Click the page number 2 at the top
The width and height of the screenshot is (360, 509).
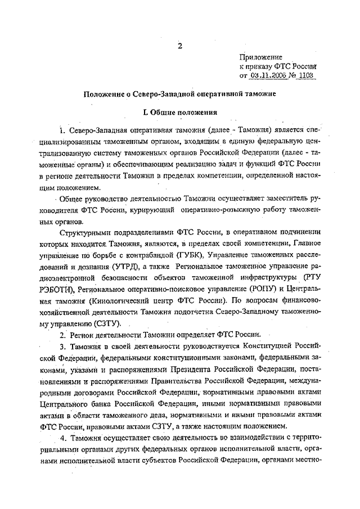pos(180,46)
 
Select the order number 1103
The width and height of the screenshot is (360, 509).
pos(304,75)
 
